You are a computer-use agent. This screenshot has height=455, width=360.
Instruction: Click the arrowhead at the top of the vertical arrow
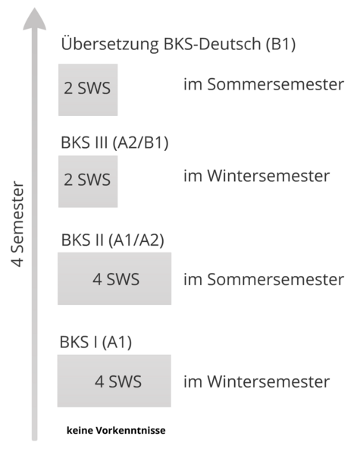tap(35, 19)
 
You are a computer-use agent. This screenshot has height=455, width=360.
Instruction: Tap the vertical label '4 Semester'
tap(17, 224)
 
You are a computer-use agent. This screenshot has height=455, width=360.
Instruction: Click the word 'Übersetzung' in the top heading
tap(110, 44)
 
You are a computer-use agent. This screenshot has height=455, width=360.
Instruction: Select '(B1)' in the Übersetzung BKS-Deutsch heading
tap(281, 44)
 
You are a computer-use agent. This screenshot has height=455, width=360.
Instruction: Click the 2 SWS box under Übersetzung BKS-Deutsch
tap(88, 89)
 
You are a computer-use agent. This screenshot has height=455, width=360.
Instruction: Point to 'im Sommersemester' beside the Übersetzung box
tap(264, 84)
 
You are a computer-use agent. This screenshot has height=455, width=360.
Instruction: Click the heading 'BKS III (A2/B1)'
tap(114, 143)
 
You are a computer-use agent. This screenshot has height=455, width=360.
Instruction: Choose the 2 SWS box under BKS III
tap(88, 181)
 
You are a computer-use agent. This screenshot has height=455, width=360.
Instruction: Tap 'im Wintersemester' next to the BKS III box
tap(256, 176)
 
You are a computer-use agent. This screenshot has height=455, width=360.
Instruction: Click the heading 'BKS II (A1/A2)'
tap(113, 240)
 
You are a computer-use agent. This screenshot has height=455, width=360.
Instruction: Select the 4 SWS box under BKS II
tap(114, 278)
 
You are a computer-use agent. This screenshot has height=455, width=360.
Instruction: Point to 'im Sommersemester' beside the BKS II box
tap(264, 279)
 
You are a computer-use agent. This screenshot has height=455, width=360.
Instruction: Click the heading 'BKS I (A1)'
tap(95, 342)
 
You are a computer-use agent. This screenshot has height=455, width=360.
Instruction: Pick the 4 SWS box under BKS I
tap(114, 381)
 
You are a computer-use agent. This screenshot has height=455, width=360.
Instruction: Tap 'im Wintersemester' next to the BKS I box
tap(256, 381)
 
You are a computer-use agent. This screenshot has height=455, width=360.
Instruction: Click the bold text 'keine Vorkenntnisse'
tap(116, 430)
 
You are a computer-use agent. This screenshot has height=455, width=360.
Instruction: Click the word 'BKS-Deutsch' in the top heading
tap(212, 44)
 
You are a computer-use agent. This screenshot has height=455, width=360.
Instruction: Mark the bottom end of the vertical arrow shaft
tap(35, 440)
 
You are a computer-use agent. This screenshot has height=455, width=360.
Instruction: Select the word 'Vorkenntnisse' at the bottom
tap(131, 430)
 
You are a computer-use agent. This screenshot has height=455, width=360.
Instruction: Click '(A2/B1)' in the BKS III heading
tap(140, 143)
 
